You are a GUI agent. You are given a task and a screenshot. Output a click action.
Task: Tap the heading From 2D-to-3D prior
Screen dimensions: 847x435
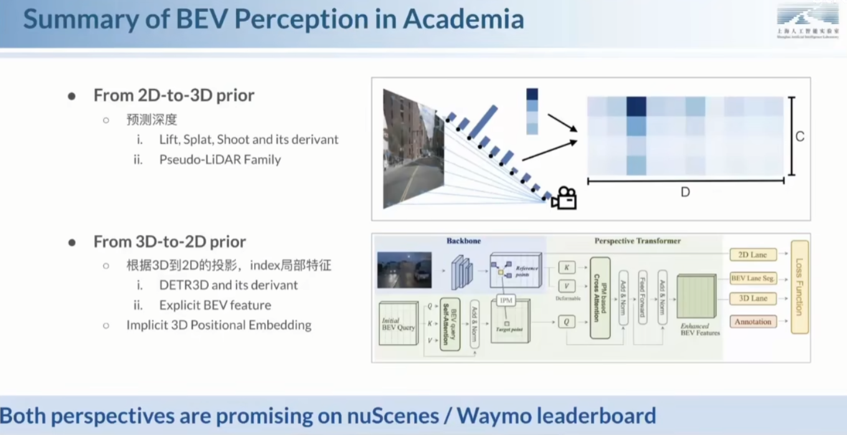coord(174,95)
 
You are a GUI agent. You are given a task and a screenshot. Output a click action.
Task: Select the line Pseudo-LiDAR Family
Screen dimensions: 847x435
coord(220,160)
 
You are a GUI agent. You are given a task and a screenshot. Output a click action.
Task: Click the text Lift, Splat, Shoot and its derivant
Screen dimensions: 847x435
coord(248,140)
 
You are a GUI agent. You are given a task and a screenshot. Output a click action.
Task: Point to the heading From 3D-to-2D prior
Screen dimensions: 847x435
coord(169,242)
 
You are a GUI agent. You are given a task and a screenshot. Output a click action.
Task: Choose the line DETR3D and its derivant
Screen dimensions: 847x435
coord(229,285)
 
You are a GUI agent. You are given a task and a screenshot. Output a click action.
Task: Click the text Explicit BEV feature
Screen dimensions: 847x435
coord(215,305)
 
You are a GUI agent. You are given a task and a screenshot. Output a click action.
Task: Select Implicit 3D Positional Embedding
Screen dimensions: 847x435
coord(219,325)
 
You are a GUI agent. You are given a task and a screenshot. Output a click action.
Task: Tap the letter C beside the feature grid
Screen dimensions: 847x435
coord(800,136)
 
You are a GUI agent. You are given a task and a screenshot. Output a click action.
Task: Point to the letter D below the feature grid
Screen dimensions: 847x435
coord(685,193)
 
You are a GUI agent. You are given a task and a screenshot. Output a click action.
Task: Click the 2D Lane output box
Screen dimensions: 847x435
coord(753,254)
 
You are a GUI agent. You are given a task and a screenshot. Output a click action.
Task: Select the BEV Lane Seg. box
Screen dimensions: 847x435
coord(753,278)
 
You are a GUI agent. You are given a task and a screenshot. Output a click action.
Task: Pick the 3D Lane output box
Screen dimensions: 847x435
coord(753,299)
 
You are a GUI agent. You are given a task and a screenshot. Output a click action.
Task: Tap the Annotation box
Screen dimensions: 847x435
coord(753,322)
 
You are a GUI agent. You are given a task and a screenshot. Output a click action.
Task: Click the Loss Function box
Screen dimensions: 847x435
coord(800,287)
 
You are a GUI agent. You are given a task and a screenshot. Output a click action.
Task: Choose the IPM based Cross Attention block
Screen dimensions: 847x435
coord(600,298)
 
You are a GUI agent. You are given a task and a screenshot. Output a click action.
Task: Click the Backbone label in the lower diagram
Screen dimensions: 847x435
coord(463,241)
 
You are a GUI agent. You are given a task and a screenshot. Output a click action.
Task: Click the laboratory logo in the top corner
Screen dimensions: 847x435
coord(808,24)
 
